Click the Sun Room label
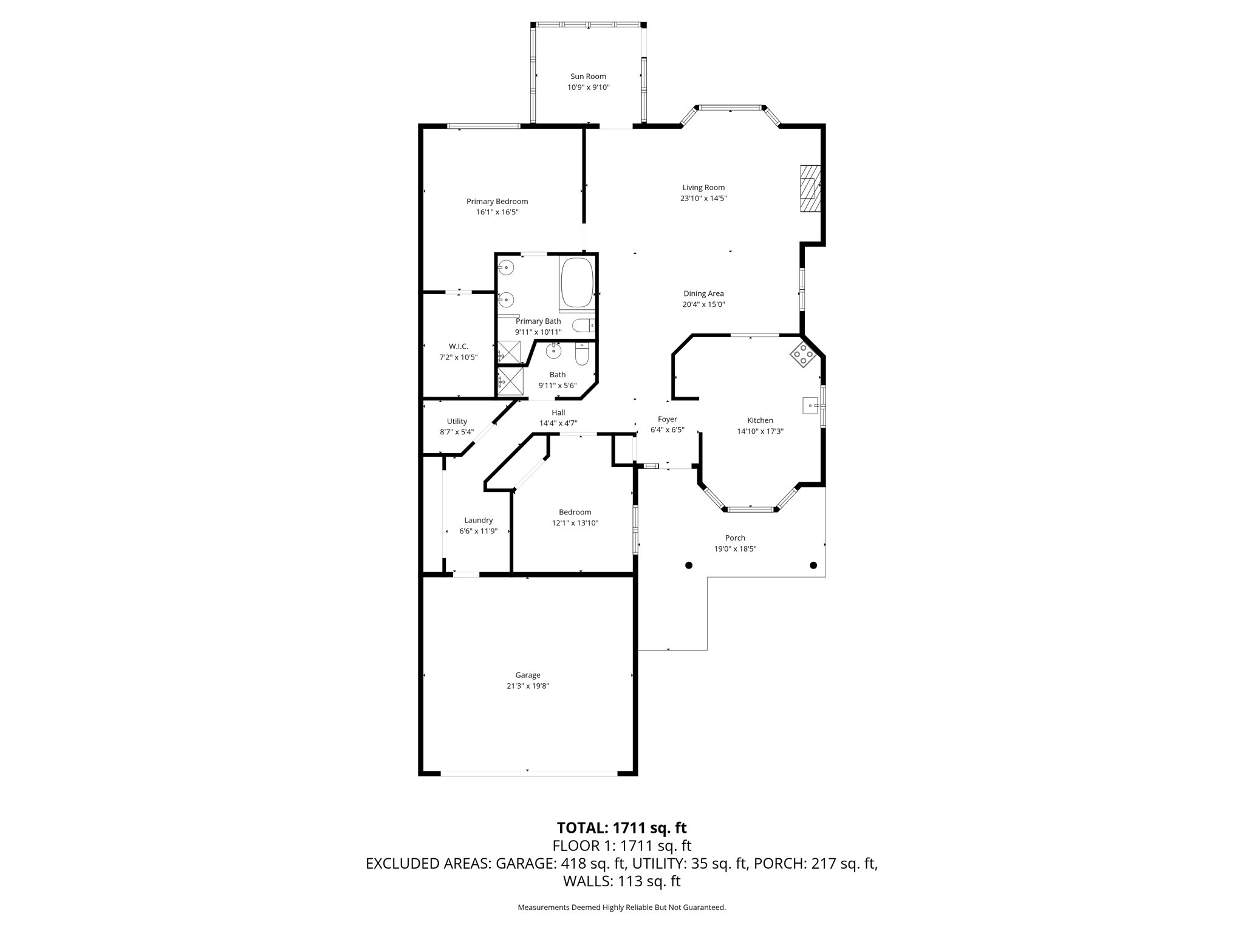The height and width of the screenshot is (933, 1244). click(x=588, y=77)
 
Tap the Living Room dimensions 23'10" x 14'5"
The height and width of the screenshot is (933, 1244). click(x=703, y=199)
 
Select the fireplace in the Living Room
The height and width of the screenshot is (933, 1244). click(x=810, y=188)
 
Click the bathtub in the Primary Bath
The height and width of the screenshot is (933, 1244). click(x=577, y=283)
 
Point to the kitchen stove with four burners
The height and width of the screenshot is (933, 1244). click(x=803, y=355)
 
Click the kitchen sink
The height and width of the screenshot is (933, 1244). click(x=811, y=405)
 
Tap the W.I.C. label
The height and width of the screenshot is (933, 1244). click(x=459, y=346)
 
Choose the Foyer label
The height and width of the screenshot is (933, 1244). click(x=668, y=419)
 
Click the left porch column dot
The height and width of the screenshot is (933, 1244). click(x=689, y=565)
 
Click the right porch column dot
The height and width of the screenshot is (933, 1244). click(x=813, y=565)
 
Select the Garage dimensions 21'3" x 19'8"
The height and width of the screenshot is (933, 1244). click(x=528, y=686)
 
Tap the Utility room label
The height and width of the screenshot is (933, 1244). click(x=457, y=422)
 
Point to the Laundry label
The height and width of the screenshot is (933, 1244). click(x=479, y=520)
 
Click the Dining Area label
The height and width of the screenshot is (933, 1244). click(x=703, y=293)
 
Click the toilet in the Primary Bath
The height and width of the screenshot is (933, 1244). click(x=584, y=326)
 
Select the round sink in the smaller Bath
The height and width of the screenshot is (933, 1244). click(x=553, y=351)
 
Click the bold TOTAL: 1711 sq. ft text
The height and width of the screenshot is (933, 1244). click(x=622, y=828)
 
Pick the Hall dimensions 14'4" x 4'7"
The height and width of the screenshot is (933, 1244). click(x=558, y=423)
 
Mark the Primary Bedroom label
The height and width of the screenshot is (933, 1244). click(x=497, y=202)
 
